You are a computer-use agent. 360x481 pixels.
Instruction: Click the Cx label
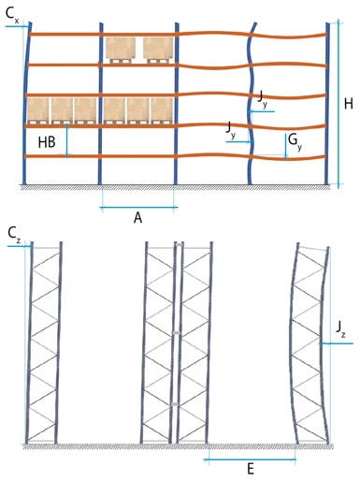(x=12, y=16)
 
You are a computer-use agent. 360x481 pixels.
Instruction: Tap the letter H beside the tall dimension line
(x=349, y=103)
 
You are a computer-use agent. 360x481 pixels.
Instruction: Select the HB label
(x=47, y=142)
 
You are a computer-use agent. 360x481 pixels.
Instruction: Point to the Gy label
(x=295, y=141)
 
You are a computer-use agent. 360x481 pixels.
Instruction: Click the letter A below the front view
(x=137, y=218)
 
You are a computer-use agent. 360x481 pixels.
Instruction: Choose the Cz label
(x=14, y=234)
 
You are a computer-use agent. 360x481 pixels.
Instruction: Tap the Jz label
(x=340, y=328)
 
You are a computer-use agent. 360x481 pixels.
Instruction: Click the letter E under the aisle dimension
(x=251, y=469)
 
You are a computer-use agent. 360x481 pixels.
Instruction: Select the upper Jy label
(x=262, y=99)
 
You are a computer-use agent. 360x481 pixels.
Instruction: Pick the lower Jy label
(x=231, y=129)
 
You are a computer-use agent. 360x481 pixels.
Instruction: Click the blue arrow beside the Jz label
(x=336, y=343)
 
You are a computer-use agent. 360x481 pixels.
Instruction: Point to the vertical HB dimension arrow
(x=66, y=140)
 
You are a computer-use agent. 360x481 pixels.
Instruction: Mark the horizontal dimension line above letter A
(x=138, y=207)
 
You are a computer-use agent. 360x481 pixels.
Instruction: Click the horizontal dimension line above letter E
(x=250, y=459)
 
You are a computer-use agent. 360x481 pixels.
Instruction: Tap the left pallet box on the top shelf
(x=121, y=50)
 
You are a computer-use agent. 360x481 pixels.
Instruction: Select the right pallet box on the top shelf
(x=158, y=50)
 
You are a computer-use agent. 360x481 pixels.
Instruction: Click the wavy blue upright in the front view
(x=251, y=103)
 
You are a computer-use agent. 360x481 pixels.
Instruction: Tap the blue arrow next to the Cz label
(x=20, y=246)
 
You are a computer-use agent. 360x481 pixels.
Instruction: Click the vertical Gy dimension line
(x=286, y=147)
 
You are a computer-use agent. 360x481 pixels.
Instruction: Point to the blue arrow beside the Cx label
(x=18, y=27)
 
